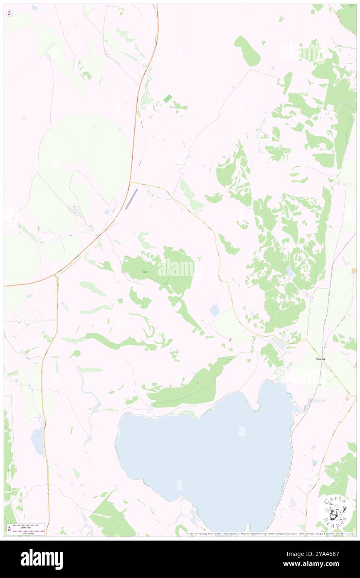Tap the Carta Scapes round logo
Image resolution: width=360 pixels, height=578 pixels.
pyautogui.click(x=335, y=511)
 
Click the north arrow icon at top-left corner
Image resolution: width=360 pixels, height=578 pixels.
pyautogui.click(x=9, y=13)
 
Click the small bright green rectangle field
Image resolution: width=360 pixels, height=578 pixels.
pyautogui.click(x=168, y=98)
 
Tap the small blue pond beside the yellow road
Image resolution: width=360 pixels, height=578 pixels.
pyautogui.click(x=215, y=310)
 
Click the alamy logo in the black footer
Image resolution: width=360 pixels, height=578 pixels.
pyautogui.click(x=42, y=559)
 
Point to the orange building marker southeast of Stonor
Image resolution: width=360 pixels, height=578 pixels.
pyautogui.click(x=347, y=398)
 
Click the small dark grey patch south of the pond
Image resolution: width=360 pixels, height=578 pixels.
pyautogui.click(x=230, y=340)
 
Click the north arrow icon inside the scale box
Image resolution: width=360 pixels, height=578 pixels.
pyautogui.click(x=9, y=529)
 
